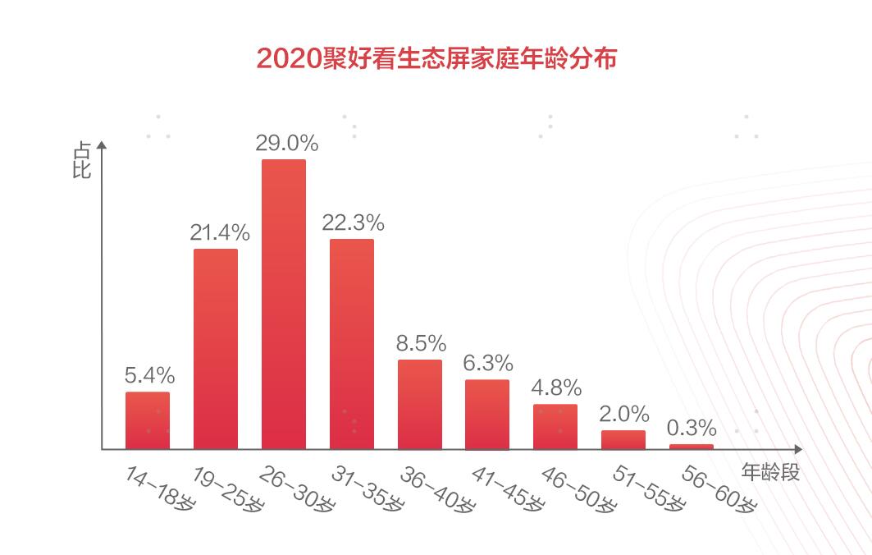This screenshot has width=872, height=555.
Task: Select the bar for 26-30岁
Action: click(283, 304)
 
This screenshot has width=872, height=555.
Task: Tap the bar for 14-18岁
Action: click(148, 420)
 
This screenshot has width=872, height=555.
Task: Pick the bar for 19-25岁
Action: click(216, 349)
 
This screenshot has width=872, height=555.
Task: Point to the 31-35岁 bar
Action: click(351, 344)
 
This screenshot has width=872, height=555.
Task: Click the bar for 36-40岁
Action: click(419, 404)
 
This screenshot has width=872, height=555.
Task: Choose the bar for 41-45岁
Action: click(487, 414)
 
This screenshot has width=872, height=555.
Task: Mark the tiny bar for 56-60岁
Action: click(691, 447)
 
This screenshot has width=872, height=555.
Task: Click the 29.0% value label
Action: click(285, 144)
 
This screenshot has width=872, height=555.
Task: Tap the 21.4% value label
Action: click(217, 233)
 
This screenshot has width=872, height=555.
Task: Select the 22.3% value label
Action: click(353, 223)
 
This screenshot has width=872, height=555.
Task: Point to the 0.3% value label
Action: click(692, 429)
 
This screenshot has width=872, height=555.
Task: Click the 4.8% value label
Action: click(556, 388)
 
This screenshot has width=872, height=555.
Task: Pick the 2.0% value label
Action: click(623, 414)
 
